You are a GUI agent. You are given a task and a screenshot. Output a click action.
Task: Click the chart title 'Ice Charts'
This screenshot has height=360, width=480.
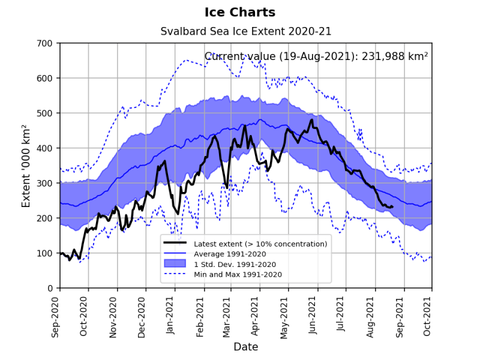240,13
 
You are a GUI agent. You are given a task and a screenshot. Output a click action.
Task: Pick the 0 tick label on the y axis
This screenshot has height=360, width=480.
49,289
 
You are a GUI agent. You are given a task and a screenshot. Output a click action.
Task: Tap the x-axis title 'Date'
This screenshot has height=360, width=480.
246,347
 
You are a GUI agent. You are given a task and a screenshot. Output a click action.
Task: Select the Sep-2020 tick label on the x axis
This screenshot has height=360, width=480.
56,314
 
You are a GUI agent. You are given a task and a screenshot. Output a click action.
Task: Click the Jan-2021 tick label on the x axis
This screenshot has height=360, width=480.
170,314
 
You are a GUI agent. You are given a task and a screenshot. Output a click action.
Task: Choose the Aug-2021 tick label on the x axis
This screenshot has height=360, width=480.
371,314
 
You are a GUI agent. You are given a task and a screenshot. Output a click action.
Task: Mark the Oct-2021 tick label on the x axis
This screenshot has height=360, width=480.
428,314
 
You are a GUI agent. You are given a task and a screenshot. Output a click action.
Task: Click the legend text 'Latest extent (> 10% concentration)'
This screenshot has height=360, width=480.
260,244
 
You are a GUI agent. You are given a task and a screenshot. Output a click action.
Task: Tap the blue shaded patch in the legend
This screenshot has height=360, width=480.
176,264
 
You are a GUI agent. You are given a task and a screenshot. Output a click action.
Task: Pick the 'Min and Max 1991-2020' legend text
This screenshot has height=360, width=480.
238,274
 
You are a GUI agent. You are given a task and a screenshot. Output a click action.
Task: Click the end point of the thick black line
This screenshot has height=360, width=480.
393,207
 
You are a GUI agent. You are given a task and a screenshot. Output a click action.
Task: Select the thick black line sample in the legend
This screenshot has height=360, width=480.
176,244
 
